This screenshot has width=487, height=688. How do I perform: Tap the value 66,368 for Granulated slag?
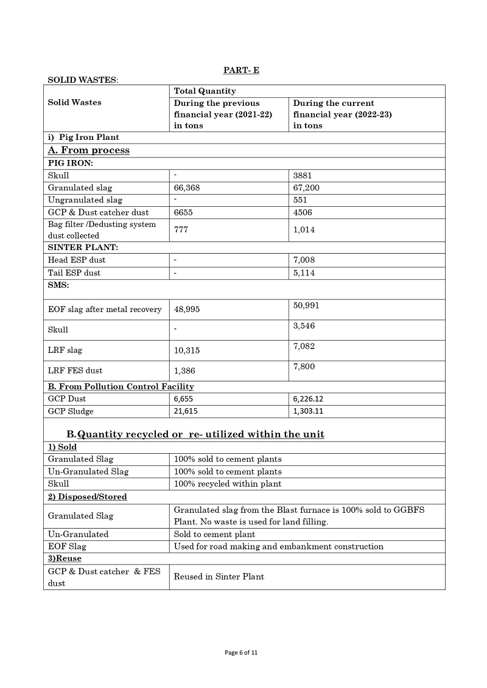(x=187, y=188)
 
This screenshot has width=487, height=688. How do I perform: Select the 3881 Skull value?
(x=303, y=176)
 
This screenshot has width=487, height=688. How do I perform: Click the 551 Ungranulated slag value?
(x=300, y=200)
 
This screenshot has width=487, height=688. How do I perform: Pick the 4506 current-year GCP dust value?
(x=303, y=212)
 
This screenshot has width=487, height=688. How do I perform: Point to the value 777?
(x=181, y=230)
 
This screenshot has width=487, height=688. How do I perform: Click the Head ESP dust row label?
(x=77, y=260)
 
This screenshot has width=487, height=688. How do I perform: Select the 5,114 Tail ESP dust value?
(x=304, y=273)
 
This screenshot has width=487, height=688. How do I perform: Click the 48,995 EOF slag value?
(x=187, y=310)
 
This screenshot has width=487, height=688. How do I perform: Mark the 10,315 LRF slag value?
(x=187, y=351)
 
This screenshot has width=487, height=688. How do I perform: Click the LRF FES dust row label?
(x=75, y=370)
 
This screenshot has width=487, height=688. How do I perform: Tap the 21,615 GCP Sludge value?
(x=186, y=412)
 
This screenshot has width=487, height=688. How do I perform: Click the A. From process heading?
(x=89, y=150)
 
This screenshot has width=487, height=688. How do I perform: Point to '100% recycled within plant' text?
(x=228, y=484)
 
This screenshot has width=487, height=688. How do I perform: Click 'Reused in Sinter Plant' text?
(x=219, y=577)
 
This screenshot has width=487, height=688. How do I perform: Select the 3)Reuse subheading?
(x=65, y=558)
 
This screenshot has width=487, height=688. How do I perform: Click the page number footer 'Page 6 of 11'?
(x=242, y=653)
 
